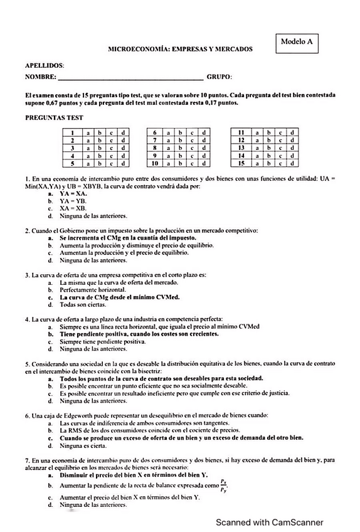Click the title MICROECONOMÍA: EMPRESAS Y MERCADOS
tap(180, 48)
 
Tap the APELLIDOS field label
tap(45, 65)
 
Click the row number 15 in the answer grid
tap(241, 164)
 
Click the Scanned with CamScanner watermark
tap(270, 522)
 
